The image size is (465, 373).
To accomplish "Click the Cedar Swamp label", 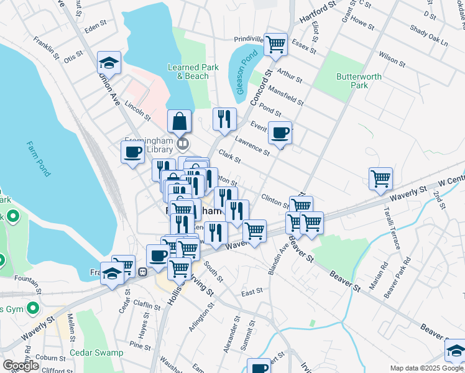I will tap(96, 352).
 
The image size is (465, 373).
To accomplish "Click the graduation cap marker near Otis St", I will tap(109, 63).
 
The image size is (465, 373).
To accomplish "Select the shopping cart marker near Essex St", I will tap(275, 44).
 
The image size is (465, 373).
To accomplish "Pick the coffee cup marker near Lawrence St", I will tap(280, 132).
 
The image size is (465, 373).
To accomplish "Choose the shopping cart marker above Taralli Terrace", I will tap(380, 178).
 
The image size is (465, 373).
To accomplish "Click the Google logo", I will tap(21, 366).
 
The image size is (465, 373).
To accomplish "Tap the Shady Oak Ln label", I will tap(429, 35).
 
